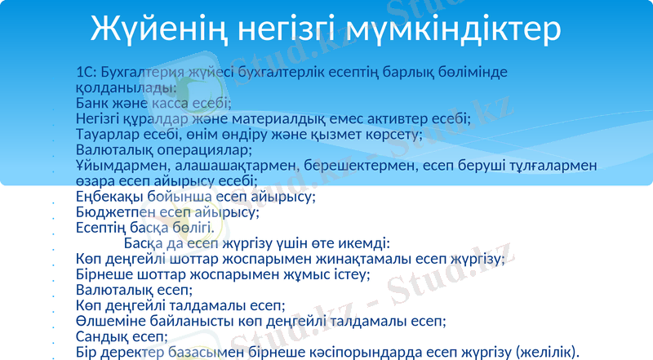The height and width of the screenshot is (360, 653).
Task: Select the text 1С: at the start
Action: click(87, 72)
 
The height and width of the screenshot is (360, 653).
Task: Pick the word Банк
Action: click(94, 103)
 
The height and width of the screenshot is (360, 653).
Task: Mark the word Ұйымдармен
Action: click(119, 166)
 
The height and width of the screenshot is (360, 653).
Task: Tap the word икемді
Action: click(364, 243)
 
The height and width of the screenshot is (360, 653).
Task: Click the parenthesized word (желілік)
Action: click(547, 352)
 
